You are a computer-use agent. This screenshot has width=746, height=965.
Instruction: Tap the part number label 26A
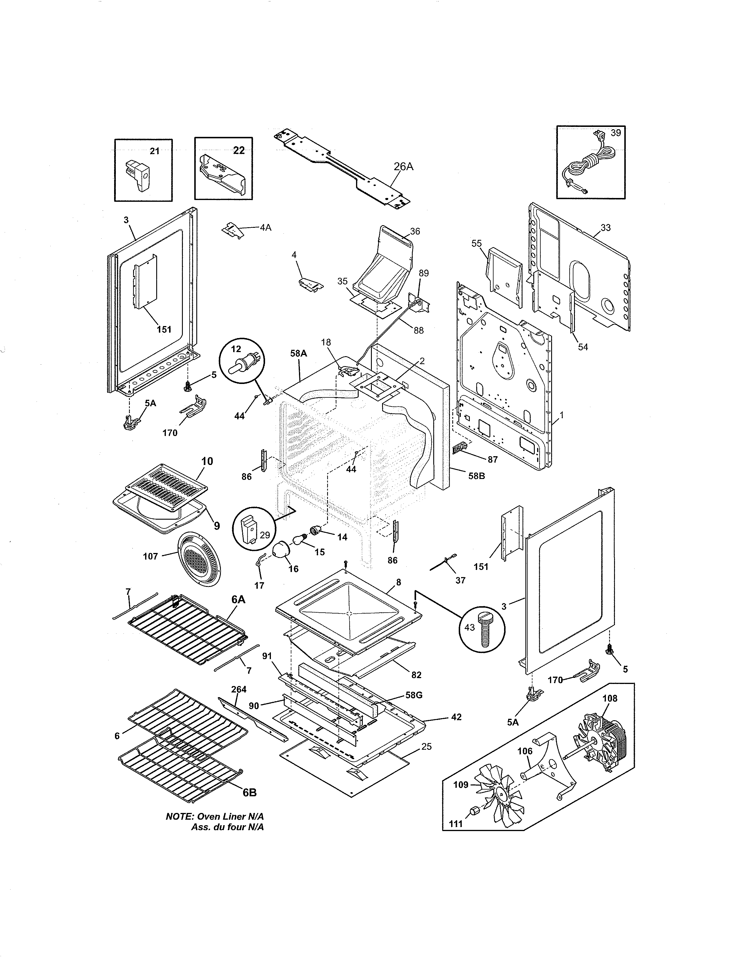(x=403, y=167)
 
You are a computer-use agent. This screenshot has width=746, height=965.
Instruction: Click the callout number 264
(x=239, y=689)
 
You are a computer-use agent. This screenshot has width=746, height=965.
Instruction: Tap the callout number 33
(x=606, y=228)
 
